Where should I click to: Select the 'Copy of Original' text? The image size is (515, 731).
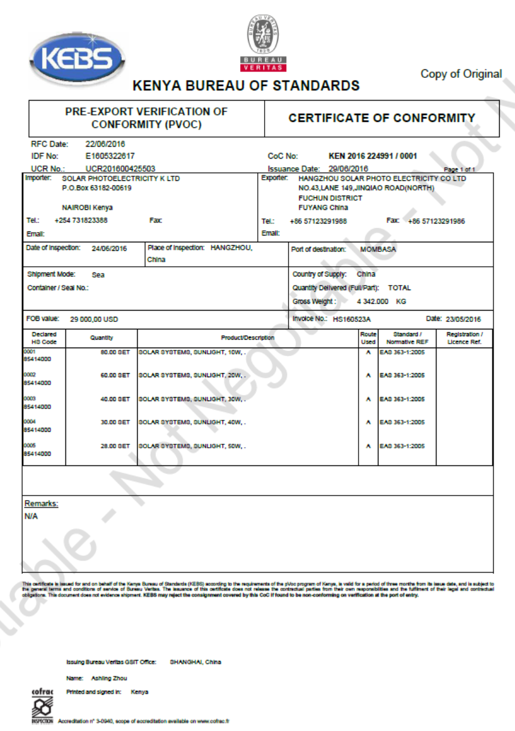461,74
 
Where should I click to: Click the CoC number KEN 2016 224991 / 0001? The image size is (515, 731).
373,156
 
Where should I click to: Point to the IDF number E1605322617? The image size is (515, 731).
110,156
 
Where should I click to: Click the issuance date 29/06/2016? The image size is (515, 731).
348,168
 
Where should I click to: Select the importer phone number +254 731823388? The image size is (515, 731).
81,220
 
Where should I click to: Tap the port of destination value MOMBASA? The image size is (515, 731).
378,249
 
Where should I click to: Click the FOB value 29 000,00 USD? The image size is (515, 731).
94,320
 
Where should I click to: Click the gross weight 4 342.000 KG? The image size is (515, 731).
382,302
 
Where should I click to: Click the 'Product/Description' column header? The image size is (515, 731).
248,338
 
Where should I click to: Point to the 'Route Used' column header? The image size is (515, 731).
368,338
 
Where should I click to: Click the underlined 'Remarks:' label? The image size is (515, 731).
41,504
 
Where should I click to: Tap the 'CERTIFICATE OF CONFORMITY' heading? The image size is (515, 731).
381,118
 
